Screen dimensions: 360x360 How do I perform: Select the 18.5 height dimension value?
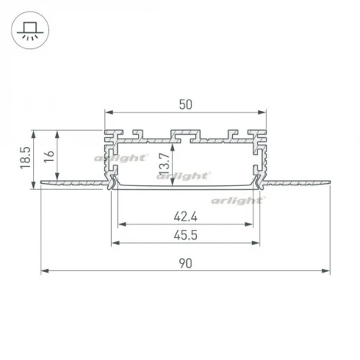coord(25,157)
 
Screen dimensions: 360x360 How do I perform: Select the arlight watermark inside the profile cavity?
coord(184,175)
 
